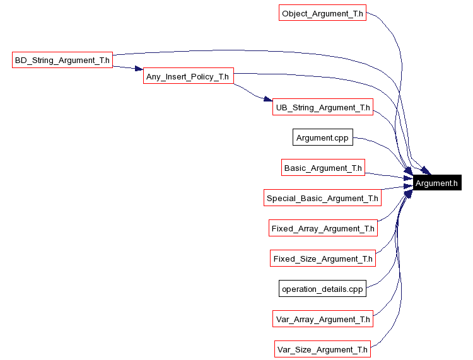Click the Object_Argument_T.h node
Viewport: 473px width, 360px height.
tap(322, 13)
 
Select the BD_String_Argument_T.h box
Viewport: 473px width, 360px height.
tap(62, 61)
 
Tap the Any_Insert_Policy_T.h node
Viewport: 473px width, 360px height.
tap(189, 77)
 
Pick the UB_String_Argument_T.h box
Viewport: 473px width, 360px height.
tap(322, 107)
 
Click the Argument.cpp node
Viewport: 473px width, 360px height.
tap(322, 137)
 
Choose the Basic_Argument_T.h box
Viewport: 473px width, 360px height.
tap(323, 168)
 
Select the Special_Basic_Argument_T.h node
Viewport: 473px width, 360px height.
tap(322, 198)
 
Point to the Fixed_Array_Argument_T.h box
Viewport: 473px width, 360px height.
tap(323, 228)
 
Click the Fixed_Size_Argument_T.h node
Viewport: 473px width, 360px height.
tap(323, 258)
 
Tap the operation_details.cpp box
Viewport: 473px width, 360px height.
tap(322, 289)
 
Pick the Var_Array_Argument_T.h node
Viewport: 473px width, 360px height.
tap(323, 319)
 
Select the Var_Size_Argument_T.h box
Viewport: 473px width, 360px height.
tap(322, 349)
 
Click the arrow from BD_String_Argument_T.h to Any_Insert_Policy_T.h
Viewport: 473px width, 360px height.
tap(126, 67)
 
